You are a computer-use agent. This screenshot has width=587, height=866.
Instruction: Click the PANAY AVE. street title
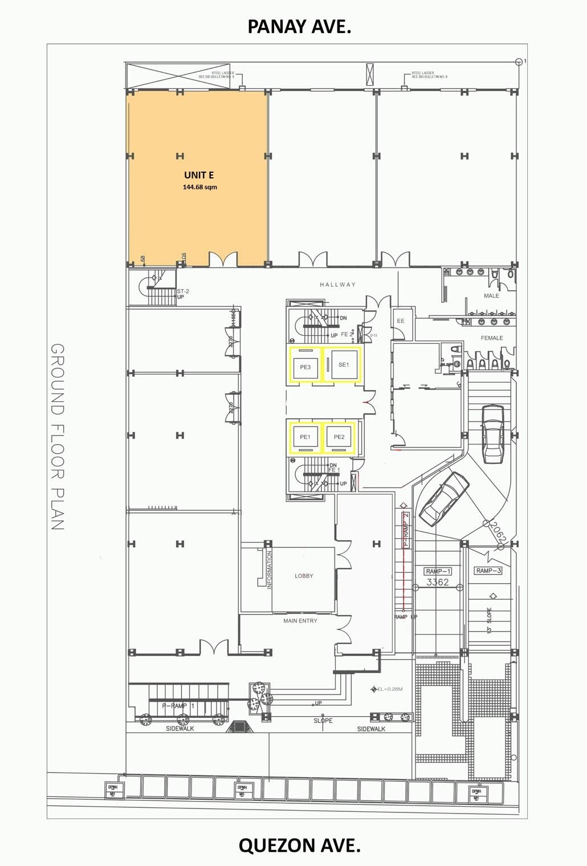(299, 26)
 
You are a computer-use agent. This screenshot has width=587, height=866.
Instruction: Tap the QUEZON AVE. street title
(299, 845)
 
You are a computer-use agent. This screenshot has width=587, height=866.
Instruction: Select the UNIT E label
(199, 175)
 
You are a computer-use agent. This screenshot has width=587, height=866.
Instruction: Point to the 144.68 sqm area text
(199, 187)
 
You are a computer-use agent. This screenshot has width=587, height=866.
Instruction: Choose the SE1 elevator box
(343, 365)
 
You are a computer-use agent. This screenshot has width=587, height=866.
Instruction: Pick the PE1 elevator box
(305, 437)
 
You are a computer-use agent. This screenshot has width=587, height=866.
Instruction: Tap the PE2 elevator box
(339, 437)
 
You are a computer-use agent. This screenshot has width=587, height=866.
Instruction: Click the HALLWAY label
(337, 284)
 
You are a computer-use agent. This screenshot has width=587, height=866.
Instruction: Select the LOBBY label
(304, 576)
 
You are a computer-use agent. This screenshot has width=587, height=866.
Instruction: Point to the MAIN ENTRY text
(300, 621)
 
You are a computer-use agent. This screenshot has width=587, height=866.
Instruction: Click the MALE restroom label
(491, 296)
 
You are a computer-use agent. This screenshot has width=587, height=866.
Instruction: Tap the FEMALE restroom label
(492, 338)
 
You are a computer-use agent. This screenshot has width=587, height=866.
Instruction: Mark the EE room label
(401, 321)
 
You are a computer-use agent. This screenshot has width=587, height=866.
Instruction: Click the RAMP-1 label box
(438, 571)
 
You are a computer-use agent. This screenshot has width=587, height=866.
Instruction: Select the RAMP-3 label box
(488, 571)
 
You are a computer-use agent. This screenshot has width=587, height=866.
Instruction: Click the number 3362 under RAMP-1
(438, 582)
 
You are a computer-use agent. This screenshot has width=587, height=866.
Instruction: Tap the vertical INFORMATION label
(270, 570)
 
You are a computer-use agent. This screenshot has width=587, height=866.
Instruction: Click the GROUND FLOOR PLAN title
(58, 437)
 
